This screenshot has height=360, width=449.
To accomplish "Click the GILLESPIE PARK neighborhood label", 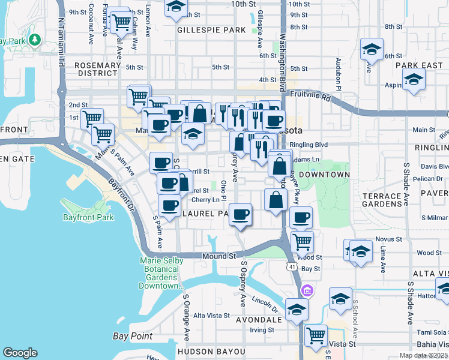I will point(211,29).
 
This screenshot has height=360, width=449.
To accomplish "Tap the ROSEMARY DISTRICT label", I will point(96,68).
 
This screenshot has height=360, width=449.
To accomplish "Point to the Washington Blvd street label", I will point(281,54).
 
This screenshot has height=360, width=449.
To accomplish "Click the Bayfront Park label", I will point(88,217).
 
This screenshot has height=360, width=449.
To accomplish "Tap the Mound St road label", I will point(218,256).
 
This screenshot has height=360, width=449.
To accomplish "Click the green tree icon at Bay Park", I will point(35,40).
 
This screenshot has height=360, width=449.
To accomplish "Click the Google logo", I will point(20,353).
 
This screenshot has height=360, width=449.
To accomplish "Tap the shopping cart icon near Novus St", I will point(302,242).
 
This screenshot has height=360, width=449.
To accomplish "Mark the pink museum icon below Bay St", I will point(308,290).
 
